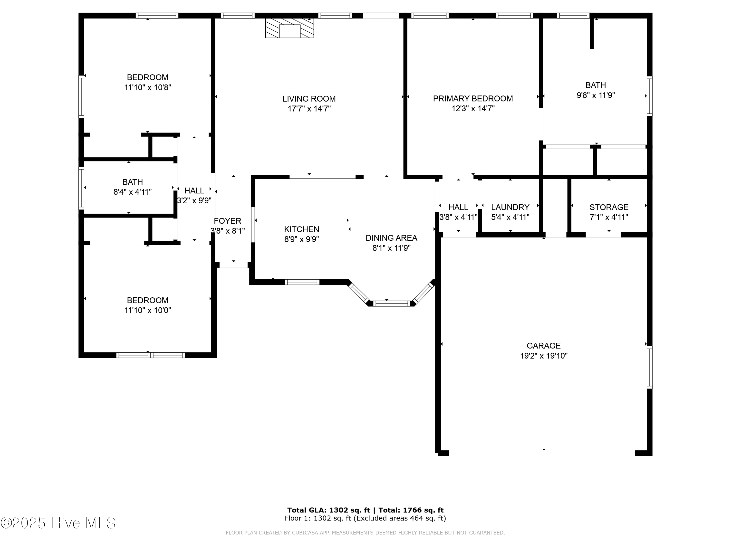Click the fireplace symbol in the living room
pos(289,28)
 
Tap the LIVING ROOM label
pos(309,99)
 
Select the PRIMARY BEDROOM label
pos(473,98)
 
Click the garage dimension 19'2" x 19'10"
pos(544,356)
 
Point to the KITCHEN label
pos(301,229)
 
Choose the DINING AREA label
pos(391,238)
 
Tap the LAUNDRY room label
pos(510,207)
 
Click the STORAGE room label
pos(609,207)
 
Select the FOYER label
pos(227,221)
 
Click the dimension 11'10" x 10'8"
pos(147,87)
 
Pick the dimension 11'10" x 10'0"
pos(147,311)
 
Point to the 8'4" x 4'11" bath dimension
pos(133,192)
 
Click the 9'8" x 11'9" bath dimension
pos(596,95)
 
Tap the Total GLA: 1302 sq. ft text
pos(328,510)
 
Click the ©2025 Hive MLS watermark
pos(58,523)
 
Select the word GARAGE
pos(544,346)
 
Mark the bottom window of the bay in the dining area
pos(392,303)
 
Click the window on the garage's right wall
pos(649,367)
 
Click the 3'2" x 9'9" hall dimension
pos(194,200)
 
